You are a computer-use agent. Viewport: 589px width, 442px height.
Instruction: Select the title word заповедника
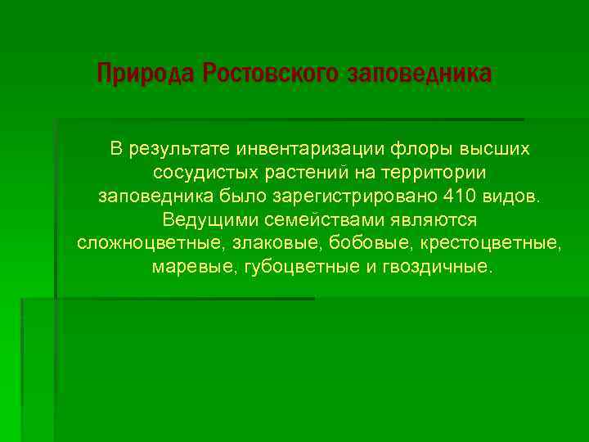[x=420, y=74]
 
